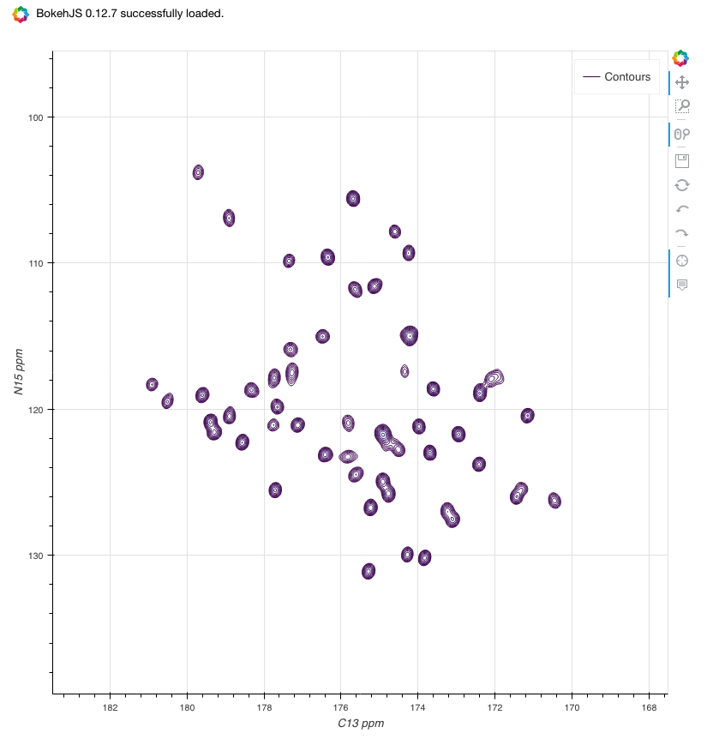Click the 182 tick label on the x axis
point(110,707)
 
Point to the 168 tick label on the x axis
point(649,707)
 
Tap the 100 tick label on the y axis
point(33,117)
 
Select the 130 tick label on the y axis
point(33,555)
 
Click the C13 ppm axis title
point(360,724)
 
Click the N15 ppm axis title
point(20,370)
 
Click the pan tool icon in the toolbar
point(682,82)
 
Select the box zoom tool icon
point(682,106)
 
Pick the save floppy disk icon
point(682,160)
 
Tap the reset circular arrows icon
point(682,184)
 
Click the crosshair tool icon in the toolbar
point(682,261)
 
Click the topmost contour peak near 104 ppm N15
point(198,172)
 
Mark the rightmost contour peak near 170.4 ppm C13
point(554,500)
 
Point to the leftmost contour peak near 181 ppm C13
point(152,384)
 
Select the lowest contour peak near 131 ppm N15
point(368,570)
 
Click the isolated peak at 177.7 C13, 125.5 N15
point(275,490)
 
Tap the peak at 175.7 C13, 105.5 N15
point(353,198)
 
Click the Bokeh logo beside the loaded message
point(20,15)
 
